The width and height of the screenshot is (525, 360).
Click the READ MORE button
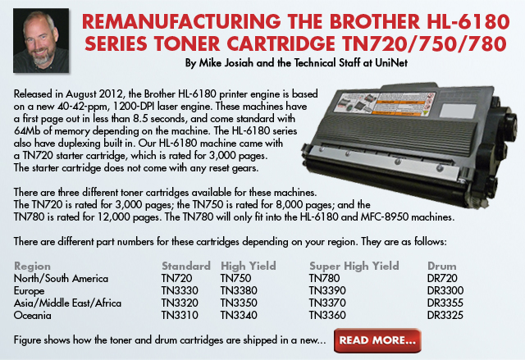[x=377, y=340]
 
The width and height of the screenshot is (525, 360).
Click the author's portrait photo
[x=41, y=40]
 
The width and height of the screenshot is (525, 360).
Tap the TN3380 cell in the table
[x=239, y=290]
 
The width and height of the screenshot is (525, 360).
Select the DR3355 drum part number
[x=445, y=303]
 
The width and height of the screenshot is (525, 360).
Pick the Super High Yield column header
[x=354, y=266]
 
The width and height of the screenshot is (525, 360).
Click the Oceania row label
[x=33, y=315]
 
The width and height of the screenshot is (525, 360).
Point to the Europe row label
[x=29, y=291]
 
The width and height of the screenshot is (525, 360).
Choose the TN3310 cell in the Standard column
[x=180, y=315]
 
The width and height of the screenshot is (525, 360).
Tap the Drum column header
[x=441, y=266]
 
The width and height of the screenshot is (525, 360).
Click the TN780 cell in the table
[x=324, y=278]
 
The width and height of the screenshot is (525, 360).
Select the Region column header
[x=32, y=267]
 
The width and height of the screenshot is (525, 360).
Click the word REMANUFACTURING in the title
[x=181, y=22]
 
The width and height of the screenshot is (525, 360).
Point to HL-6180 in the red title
[x=468, y=22]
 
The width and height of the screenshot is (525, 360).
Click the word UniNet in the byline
[x=391, y=63]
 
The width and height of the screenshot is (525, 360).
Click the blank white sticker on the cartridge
[x=458, y=111]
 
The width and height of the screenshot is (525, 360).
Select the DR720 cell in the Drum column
[x=442, y=278]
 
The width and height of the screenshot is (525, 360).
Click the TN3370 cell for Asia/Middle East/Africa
[x=327, y=303]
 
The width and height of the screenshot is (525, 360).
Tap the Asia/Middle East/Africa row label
[x=67, y=303]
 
